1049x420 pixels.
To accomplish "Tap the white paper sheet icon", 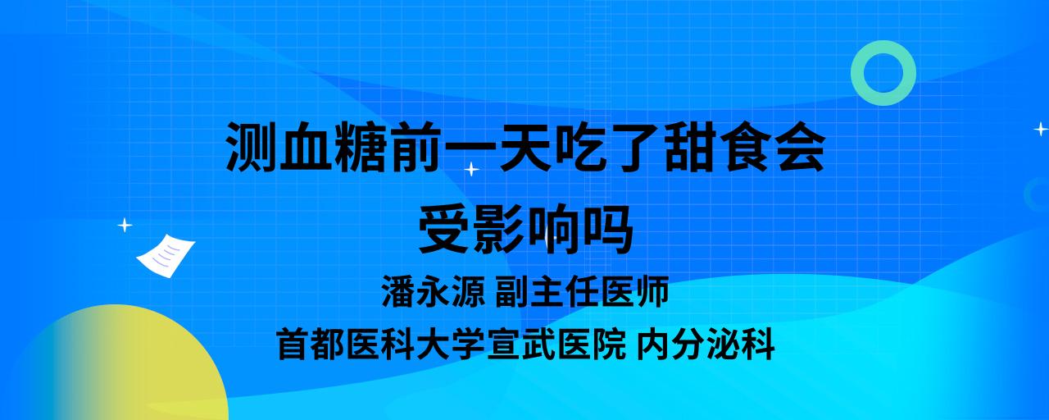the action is tap(166, 255).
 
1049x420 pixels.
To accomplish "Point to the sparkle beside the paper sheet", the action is tap(125, 226).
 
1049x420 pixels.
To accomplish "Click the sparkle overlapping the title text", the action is tap(471, 169).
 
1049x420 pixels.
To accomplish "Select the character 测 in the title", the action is tap(251, 147).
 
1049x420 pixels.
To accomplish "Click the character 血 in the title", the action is tap(306, 147).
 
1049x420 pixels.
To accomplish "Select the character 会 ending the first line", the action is tap(800, 147).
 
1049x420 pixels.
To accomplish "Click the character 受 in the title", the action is tap(443, 229).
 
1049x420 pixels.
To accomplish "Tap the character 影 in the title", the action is tap(498, 229).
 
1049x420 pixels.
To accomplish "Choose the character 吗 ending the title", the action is tap(608, 229).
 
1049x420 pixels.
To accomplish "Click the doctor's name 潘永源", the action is tap(434, 291).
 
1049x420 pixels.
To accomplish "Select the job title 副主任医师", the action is tap(582, 291).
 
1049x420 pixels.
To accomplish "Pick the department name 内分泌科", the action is tap(706, 345).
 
